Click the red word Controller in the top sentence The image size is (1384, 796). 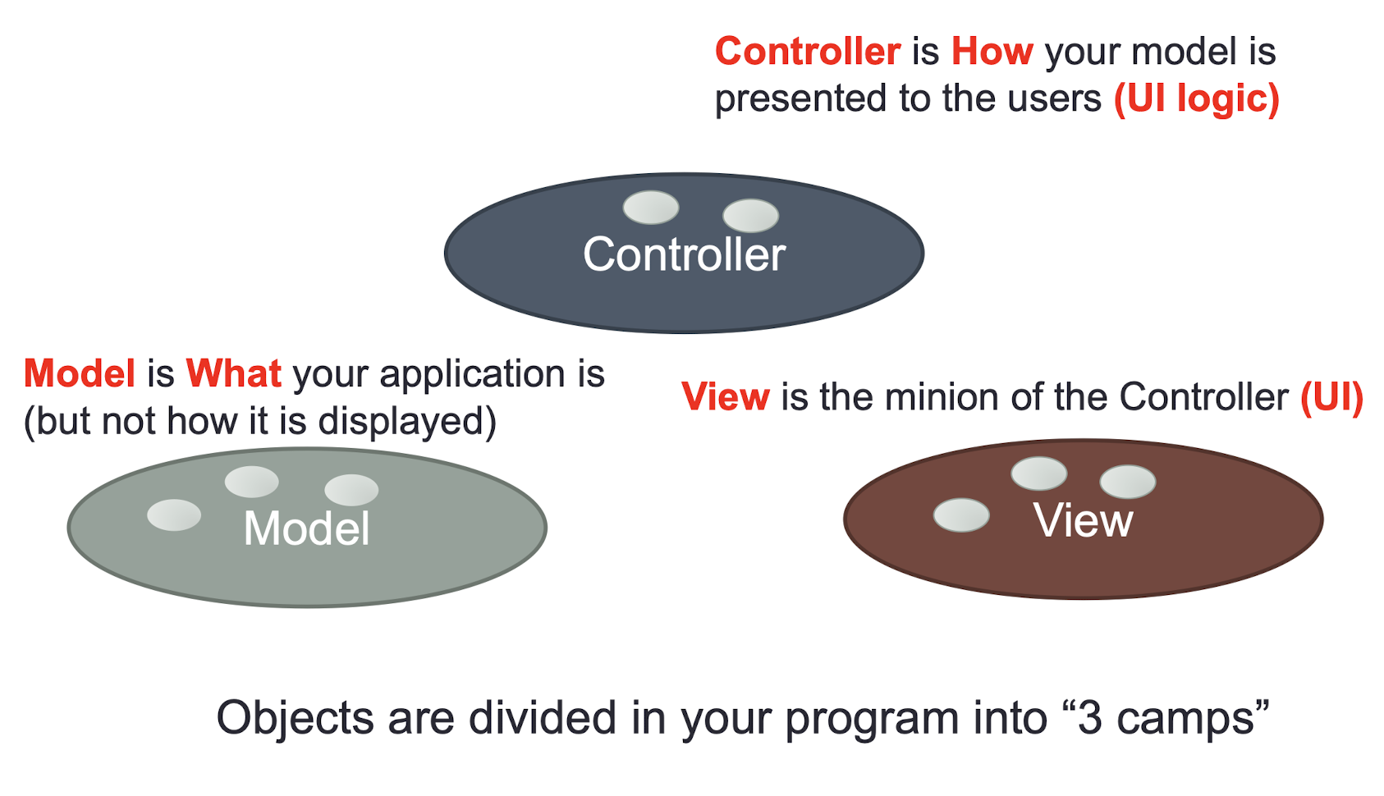808,51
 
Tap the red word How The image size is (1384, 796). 992,51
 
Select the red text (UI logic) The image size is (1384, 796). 1197,98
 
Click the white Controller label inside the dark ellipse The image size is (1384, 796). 684,254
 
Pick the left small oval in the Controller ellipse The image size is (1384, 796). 651,207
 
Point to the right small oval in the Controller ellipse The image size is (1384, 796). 751,216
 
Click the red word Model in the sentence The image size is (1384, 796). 80,373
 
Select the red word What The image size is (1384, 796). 234,373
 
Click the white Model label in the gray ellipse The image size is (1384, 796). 306,528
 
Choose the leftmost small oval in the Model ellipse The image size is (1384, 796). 174,515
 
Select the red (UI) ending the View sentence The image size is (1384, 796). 1332,397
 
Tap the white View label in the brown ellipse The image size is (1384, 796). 1083,520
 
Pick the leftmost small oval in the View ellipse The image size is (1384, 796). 961,515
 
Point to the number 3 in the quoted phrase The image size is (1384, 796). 1090,718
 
